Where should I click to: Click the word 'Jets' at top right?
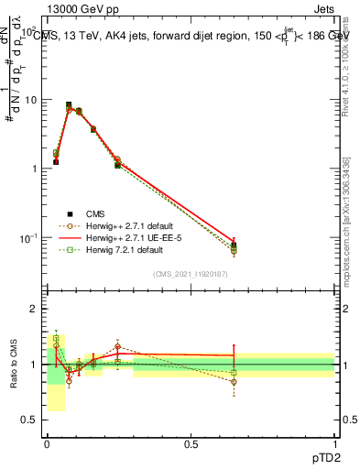324,7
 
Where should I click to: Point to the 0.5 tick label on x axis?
191,443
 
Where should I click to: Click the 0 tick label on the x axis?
47,443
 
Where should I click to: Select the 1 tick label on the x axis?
334,443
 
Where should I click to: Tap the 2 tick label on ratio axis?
33,309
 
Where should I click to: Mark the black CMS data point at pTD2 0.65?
234,245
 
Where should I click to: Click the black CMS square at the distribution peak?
69,105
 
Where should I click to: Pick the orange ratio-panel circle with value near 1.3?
118,347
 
